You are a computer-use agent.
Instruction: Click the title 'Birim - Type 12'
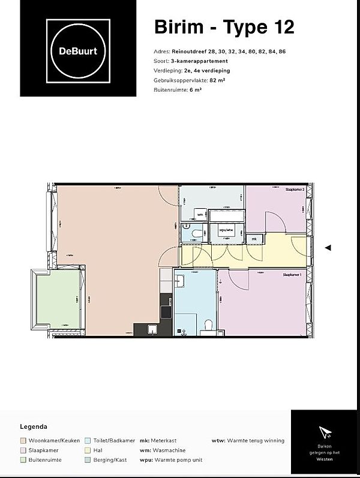[x=224, y=27]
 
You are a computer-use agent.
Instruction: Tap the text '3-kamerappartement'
[x=200, y=61]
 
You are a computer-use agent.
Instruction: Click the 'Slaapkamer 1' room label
[x=292, y=274]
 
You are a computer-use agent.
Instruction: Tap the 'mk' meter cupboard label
[x=254, y=239]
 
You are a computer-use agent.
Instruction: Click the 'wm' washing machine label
[x=200, y=214]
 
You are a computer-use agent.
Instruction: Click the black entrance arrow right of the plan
[x=328, y=247]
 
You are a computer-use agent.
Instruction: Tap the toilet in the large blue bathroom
[x=208, y=324]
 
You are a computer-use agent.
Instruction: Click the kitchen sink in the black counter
[x=152, y=328]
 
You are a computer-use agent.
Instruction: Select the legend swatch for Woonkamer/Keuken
[x=23, y=441]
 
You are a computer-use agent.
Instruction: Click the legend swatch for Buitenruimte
[x=23, y=460]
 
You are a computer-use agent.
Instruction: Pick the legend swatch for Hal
[x=88, y=450]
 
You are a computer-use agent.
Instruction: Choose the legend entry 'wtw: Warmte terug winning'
[x=248, y=441]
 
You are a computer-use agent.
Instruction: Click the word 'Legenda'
[x=34, y=427]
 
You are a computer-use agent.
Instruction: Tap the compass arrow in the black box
[x=325, y=432]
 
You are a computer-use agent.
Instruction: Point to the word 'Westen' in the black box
[x=325, y=459]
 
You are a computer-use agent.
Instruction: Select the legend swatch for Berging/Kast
[x=88, y=460]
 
